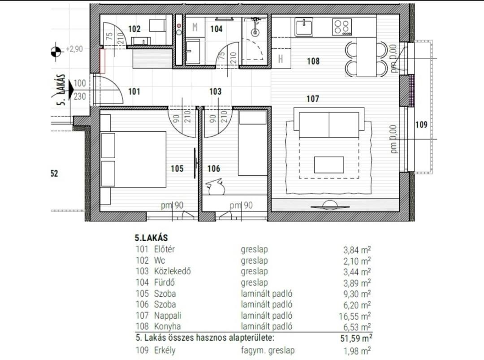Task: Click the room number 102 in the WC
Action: (x=134, y=29)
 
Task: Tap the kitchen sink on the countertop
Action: (x=304, y=27)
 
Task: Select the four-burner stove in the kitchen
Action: (x=342, y=27)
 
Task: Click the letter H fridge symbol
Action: (x=281, y=59)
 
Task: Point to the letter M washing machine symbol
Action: (x=195, y=27)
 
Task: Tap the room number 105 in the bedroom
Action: (x=177, y=169)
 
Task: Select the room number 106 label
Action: (x=214, y=169)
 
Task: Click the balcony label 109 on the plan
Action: (x=421, y=125)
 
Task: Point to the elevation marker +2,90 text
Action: (x=74, y=49)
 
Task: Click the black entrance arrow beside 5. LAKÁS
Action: (x=71, y=90)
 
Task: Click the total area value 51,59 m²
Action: (x=356, y=338)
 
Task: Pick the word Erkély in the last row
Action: (x=165, y=351)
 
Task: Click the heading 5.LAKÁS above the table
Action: (x=151, y=238)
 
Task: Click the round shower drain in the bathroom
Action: (x=255, y=32)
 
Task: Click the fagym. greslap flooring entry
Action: (x=268, y=351)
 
